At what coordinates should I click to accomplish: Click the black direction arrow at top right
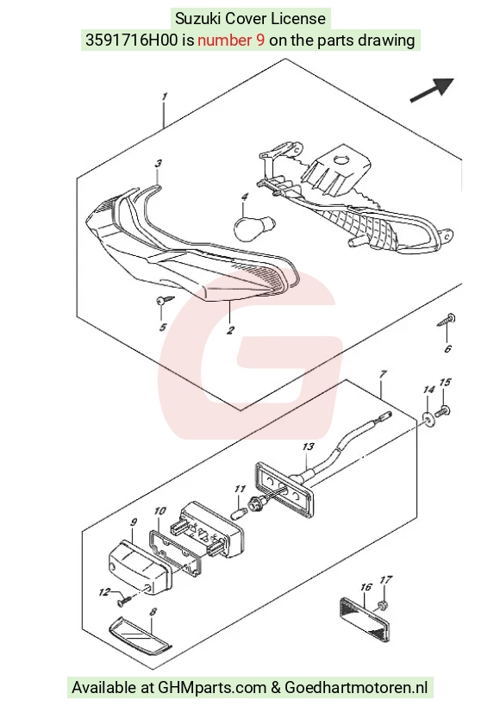(432, 90)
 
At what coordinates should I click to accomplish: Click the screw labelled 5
(165, 300)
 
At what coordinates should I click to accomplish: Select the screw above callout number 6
(447, 320)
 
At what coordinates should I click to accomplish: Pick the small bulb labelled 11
(239, 513)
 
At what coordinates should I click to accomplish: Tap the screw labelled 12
(124, 600)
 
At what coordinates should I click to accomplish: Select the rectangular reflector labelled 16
(363, 618)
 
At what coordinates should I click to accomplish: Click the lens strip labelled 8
(141, 634)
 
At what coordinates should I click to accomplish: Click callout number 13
(308, 447)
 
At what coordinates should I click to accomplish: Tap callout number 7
(383, 374)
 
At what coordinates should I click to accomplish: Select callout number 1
(165, 97)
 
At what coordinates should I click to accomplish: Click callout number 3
(158, 164)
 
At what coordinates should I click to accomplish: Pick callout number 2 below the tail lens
(230, 330)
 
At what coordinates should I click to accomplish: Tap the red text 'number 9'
(231, 41)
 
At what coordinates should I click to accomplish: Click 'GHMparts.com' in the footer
(212, 688)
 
